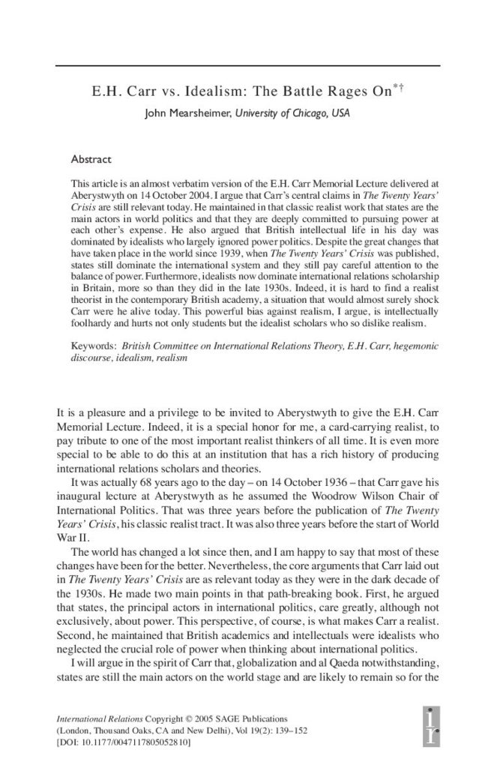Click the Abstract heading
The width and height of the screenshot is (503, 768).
click(91, 160)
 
